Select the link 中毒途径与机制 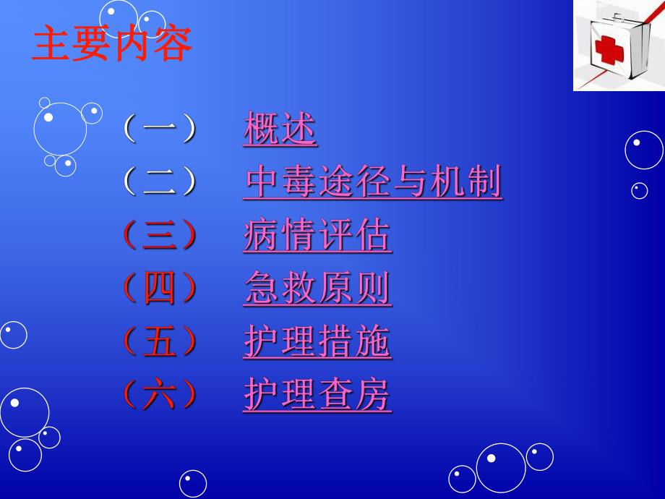[373, 182]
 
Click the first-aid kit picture [619, 45]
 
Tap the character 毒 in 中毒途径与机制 [299, 182]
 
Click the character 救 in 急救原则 [299, 289]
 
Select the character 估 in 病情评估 [374, 236]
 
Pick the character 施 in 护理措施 [374, 342]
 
